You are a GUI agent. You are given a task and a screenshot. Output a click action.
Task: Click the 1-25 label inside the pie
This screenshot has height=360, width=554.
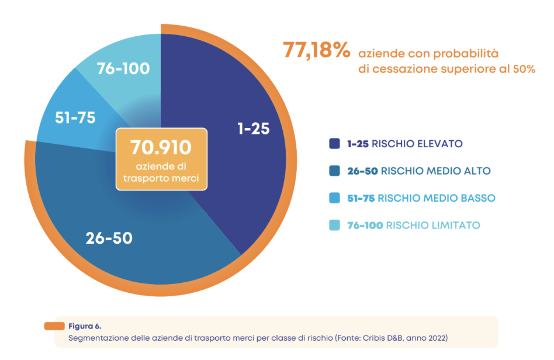click(x=253, y=129)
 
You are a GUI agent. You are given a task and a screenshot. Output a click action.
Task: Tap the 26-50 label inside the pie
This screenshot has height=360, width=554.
click(x=109, y=238)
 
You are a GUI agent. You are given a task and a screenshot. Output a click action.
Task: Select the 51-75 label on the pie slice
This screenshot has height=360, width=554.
click(x=75, y=117)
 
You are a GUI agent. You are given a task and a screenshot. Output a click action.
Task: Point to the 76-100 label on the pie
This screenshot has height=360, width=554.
click(x=123, y=68)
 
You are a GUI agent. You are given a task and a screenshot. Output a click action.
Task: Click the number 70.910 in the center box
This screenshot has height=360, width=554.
click(x=161, y=147)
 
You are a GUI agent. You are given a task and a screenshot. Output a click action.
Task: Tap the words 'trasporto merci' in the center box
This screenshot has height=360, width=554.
click(x=161, y=178)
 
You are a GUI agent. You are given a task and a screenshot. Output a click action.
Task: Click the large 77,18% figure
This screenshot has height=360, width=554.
click(x=317, y=50)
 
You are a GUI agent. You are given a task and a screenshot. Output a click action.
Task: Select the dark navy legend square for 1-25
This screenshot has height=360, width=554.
click(x=335, y=143)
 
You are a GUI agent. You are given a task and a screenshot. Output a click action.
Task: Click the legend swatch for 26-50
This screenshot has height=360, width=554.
click(x=335, y=171)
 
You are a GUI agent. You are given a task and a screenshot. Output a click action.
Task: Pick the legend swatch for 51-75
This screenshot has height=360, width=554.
click(x=335, y=198)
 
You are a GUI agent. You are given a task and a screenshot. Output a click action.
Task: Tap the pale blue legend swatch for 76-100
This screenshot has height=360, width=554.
click(x=335, y=225)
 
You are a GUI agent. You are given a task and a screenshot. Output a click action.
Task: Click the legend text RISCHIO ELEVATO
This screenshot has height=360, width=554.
click(x=417, y=144)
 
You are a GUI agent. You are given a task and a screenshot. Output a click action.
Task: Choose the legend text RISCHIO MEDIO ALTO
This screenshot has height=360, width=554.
click(x=435, y=171)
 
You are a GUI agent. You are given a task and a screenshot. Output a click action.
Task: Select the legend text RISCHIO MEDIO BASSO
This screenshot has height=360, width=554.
click(x=437, y=198)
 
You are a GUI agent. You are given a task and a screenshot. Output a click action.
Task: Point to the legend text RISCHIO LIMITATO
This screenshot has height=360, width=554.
click(x=433, y=226)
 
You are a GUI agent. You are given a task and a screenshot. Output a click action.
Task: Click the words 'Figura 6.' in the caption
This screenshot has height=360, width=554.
click(x=85, y=326)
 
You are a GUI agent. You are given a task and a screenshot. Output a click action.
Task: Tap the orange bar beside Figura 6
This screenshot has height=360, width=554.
click(x=54, y=326)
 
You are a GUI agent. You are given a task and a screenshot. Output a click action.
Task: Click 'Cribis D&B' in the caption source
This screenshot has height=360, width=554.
click(x=383, y=338)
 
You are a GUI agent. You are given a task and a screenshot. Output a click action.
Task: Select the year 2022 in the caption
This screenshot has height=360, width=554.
click(x=437, y=338)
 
